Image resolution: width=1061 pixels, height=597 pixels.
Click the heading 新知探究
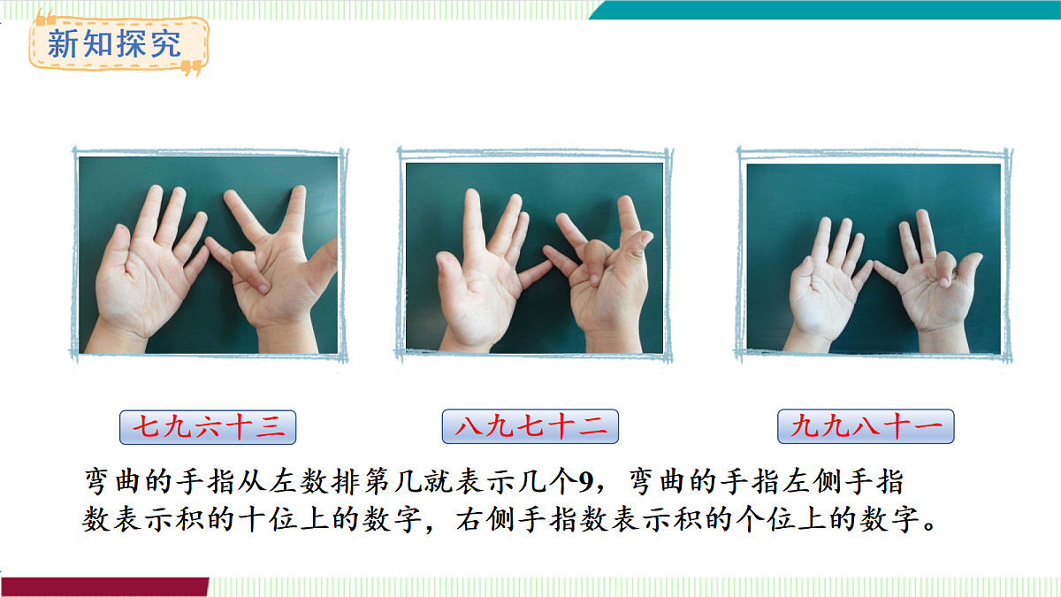pyautogui.click(x=114, y=43)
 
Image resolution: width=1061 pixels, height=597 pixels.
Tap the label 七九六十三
pyautogui.click(x=208, y=427)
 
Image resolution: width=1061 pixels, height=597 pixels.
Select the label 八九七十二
pyautogui.click(x=530, y=426)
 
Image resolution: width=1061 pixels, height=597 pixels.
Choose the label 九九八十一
pyautogui.click(x=866, y=426)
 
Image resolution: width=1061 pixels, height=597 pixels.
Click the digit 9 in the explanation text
pyautogui.click(x=586, y=482)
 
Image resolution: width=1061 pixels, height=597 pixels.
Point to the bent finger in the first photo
pyautogui.click(x=251, y=272)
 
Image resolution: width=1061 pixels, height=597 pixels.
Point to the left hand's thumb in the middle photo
pyautogui.click(x=450, y=275)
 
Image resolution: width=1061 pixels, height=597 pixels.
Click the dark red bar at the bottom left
pyautogui.click(x=104, y=586)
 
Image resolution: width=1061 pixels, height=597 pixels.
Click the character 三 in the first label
pyautogui.click(x=271, y=426)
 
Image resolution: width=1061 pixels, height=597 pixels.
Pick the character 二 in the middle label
pyautogui.click(x=592, y=425)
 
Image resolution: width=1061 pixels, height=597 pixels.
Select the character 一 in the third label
pyautogui.click(x=928, y=425)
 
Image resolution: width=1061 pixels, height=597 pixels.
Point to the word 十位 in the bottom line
pyautogui.click(x=269, y=519)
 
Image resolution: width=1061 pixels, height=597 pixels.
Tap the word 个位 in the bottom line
pyautogui.click(x=766, y=519)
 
